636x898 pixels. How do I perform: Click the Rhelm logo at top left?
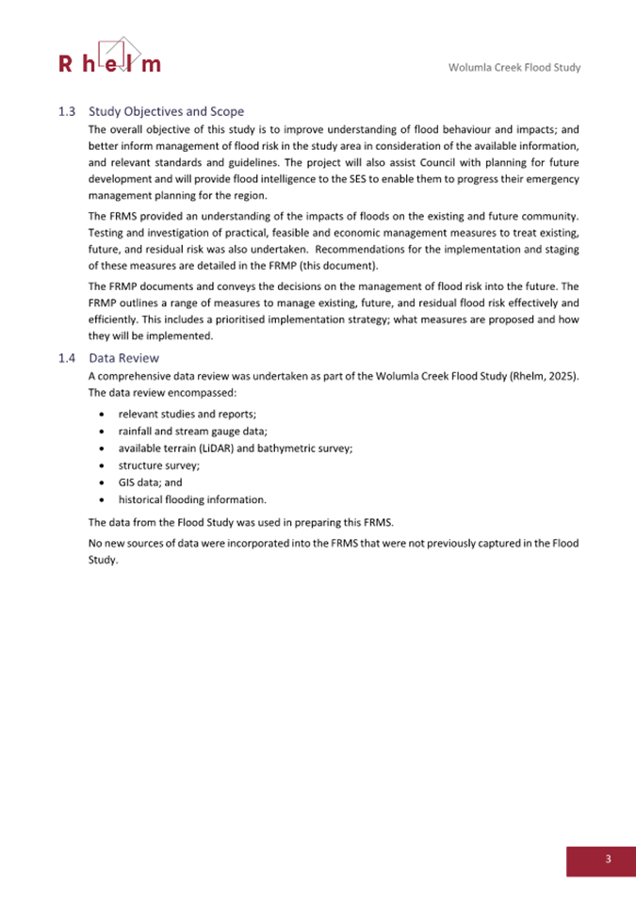click(109, 57)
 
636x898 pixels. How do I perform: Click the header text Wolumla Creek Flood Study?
click(514, 68)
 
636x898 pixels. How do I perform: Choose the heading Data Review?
click(124, 358)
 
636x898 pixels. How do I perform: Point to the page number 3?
click(608, 858)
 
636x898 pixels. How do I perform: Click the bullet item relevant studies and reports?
click(188, 414)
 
